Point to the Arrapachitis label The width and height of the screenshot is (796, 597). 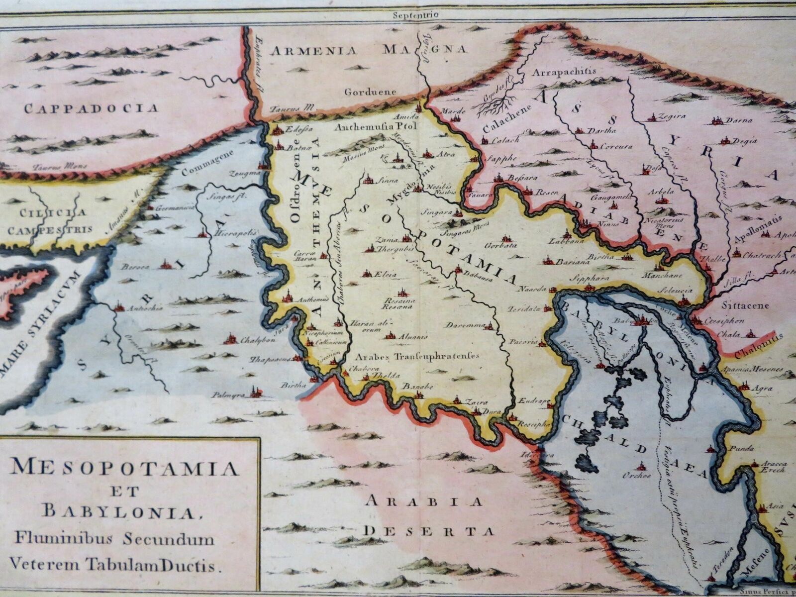click(x=564, y=72)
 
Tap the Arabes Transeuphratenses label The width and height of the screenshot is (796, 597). click(x=417, y=356)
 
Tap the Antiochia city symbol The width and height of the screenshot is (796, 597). click(x=119, y=307)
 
